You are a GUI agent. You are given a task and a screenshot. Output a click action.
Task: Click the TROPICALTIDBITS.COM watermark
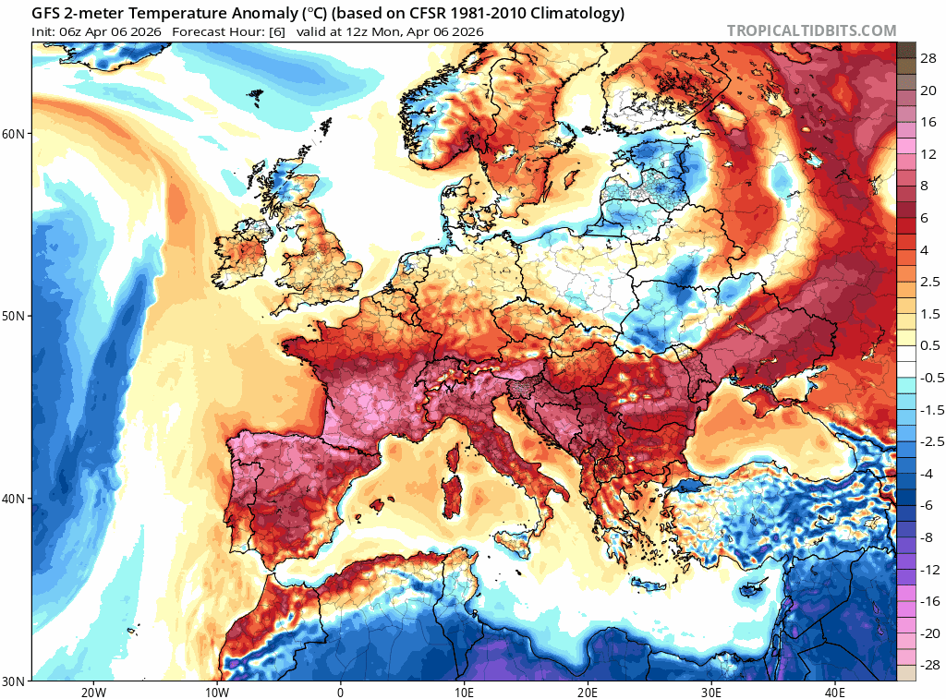coord(811,30)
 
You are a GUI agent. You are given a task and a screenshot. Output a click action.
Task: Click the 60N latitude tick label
coord(15,134)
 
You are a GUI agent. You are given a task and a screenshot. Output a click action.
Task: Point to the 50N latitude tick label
coord(15,316)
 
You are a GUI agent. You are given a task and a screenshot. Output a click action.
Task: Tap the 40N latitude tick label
coord(15,499)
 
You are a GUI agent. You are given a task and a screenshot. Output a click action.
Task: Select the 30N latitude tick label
coord(15,681)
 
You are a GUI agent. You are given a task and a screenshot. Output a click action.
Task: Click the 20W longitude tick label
coord(92,693)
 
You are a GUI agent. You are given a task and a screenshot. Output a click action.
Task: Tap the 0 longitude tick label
coord(340,693)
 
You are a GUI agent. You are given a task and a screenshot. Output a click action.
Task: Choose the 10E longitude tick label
coord(464,693)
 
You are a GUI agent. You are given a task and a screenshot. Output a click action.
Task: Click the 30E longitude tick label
coord(711,693)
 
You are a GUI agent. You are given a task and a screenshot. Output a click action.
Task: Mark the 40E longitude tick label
coord(835,693)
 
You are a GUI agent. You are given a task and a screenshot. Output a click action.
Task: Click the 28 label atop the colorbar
coord(928,57)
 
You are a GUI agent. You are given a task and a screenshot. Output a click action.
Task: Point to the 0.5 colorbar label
coord(929,345)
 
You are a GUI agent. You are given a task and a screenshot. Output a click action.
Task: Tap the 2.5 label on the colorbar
coord(929,282)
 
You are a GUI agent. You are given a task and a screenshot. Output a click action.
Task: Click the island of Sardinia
coord(455,489)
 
